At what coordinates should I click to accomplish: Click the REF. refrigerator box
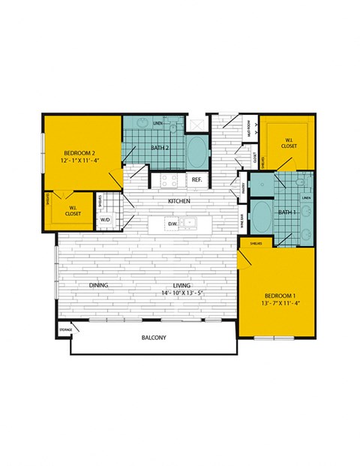click(x=196, y=180)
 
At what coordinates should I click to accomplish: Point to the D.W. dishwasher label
click(x=173, y=224)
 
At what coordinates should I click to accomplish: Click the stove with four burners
click(x=167, y=180)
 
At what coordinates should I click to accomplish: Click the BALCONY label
click(x=154, y=338)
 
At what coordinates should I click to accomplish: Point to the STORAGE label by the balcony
click(x=66, y=329)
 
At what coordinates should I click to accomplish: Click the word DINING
click(x=100, y=286)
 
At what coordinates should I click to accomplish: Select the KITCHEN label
click(x=178, y=201)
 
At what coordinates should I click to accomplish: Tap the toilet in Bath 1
click(x=298, y=183)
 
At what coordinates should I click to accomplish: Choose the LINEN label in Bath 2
click(x=157, y=123)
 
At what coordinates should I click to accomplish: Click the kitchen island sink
click(x=190, y=223)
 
